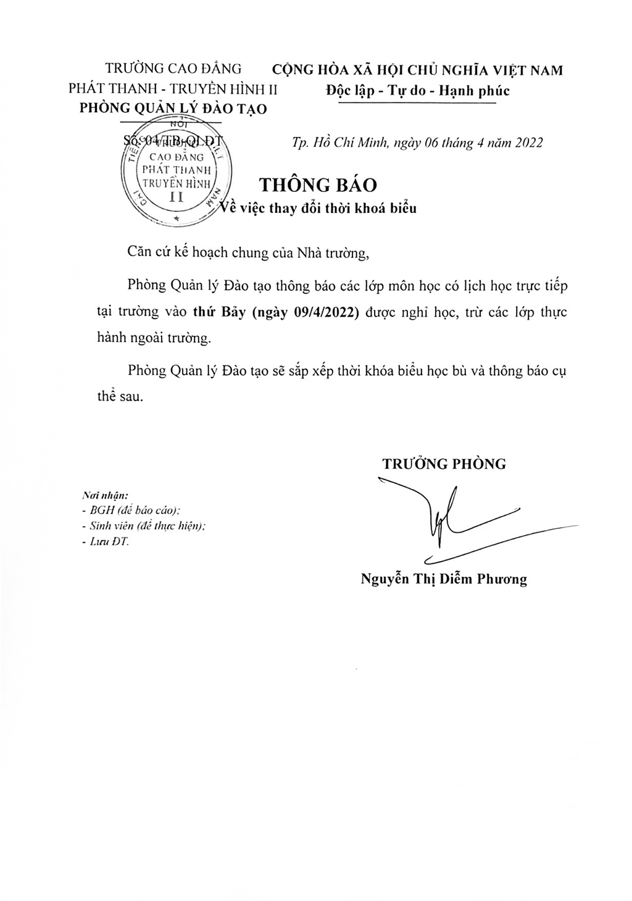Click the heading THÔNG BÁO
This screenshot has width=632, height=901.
318,185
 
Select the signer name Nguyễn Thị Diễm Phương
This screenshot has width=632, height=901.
444,579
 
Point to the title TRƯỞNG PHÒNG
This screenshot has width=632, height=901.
444,464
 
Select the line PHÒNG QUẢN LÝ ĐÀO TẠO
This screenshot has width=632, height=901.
174,109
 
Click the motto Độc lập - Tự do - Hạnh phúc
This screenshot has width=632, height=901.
418,91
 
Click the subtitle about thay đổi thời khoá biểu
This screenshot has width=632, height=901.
319,209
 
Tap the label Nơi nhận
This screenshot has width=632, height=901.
104,496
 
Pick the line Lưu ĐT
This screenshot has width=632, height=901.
106,541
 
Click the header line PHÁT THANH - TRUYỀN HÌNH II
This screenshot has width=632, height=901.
173,89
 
